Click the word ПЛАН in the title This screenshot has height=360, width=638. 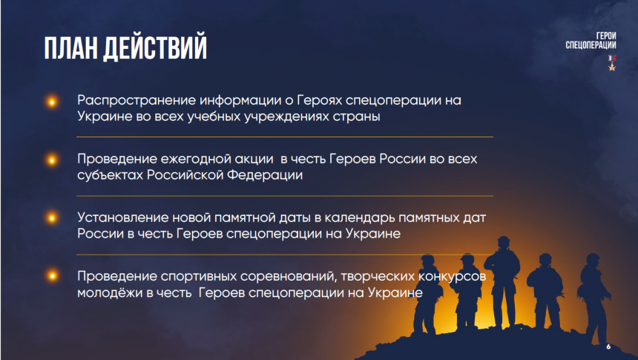coord(70,48)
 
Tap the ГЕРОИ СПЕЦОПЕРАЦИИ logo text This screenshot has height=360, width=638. coord(591,41)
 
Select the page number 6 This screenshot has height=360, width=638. coord(608,347)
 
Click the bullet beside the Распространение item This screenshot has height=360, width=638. coord(52,102)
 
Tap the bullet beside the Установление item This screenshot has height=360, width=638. coord(52,218)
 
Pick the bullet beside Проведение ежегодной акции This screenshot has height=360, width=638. coord(52,160)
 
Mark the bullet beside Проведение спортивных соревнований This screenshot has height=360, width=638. coord(52,275)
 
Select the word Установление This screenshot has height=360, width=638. coord(122,217)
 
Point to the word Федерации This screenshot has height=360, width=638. coord(265,175)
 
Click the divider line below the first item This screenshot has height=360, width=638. coord(285,137)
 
